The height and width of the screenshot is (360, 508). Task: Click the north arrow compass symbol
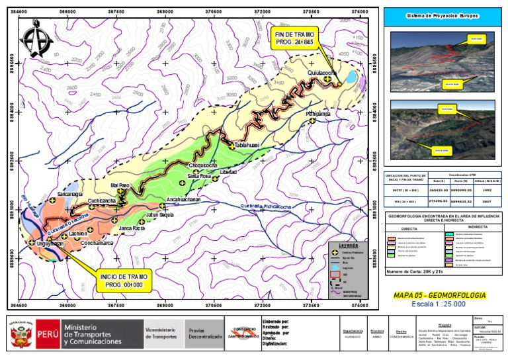click(36, 41)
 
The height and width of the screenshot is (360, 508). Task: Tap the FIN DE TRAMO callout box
click(292, 37)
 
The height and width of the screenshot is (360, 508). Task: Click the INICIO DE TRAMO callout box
click(125, 279)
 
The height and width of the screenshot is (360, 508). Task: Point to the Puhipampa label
click(322, 114)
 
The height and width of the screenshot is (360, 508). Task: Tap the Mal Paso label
click(120, 185)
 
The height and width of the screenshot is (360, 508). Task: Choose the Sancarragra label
click(69, 195)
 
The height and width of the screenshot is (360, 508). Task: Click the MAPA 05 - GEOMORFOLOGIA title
click(439, 294)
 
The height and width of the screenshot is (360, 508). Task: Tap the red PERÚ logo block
click(46, 334)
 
